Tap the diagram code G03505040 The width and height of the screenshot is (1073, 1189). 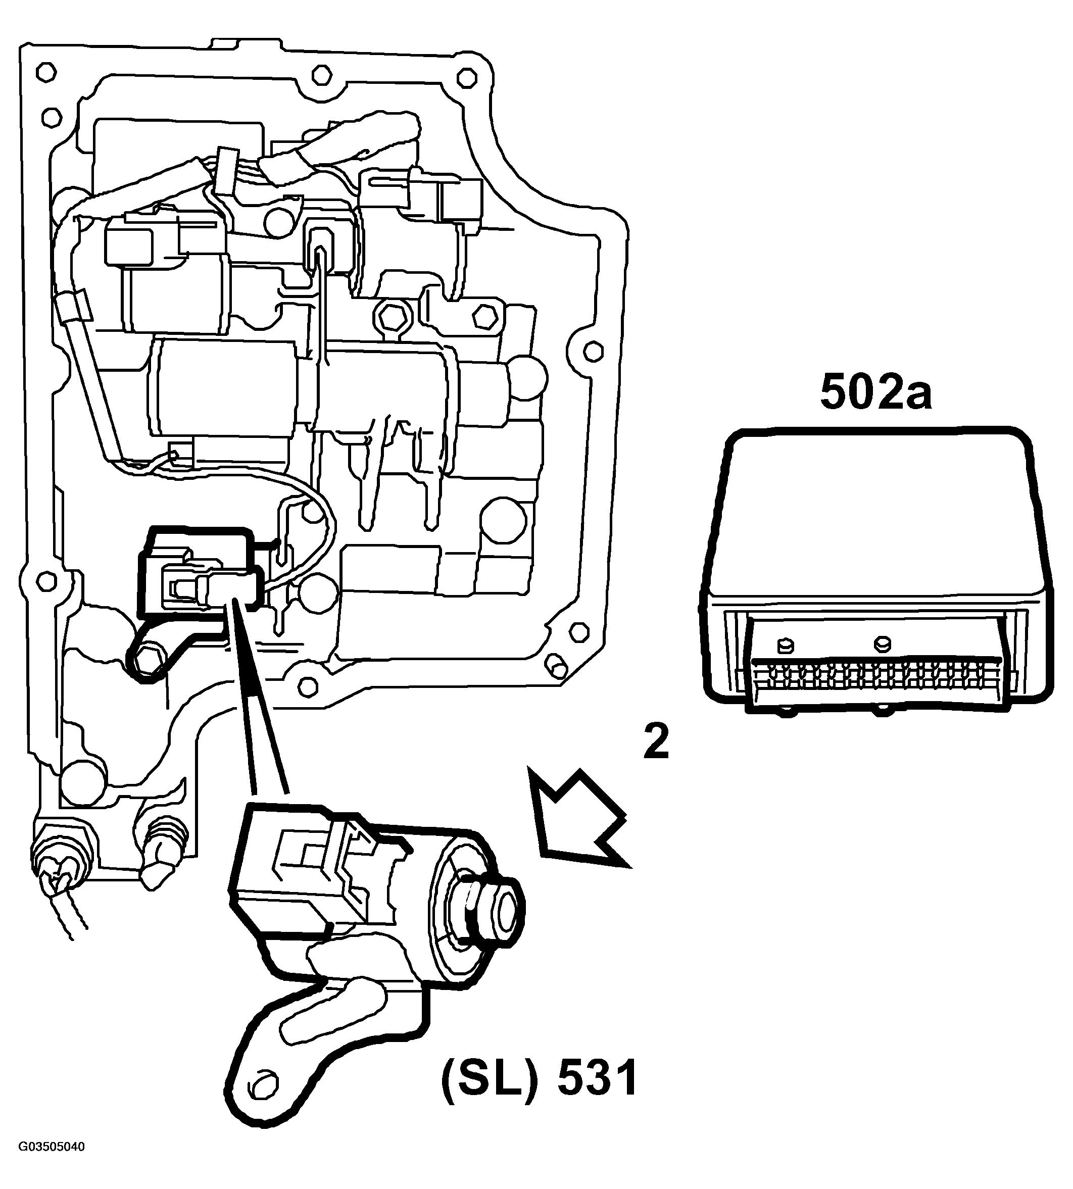click(x=52, y=1163)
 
